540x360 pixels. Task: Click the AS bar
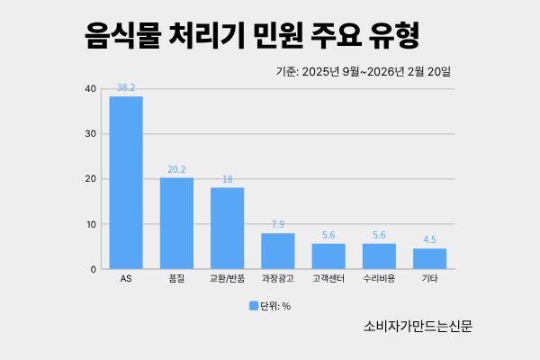[x=126, y=183]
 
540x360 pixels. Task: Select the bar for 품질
[x=176, y=223]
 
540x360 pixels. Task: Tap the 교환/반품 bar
[x=227, y=228]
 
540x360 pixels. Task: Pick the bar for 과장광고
[x=278, y=251]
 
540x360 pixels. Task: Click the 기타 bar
[x=429, y=258]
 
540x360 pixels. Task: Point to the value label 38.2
[x=126, y=88]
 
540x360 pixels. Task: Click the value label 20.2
[x=176, y=169]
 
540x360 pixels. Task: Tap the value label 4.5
[x=429, y=240]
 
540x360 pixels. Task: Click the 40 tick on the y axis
[x=91, y=89]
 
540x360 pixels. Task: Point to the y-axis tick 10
[x=91, y=224]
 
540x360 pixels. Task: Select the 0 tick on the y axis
[x=94, y=269]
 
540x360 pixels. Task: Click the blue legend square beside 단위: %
[x=254, y=306]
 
